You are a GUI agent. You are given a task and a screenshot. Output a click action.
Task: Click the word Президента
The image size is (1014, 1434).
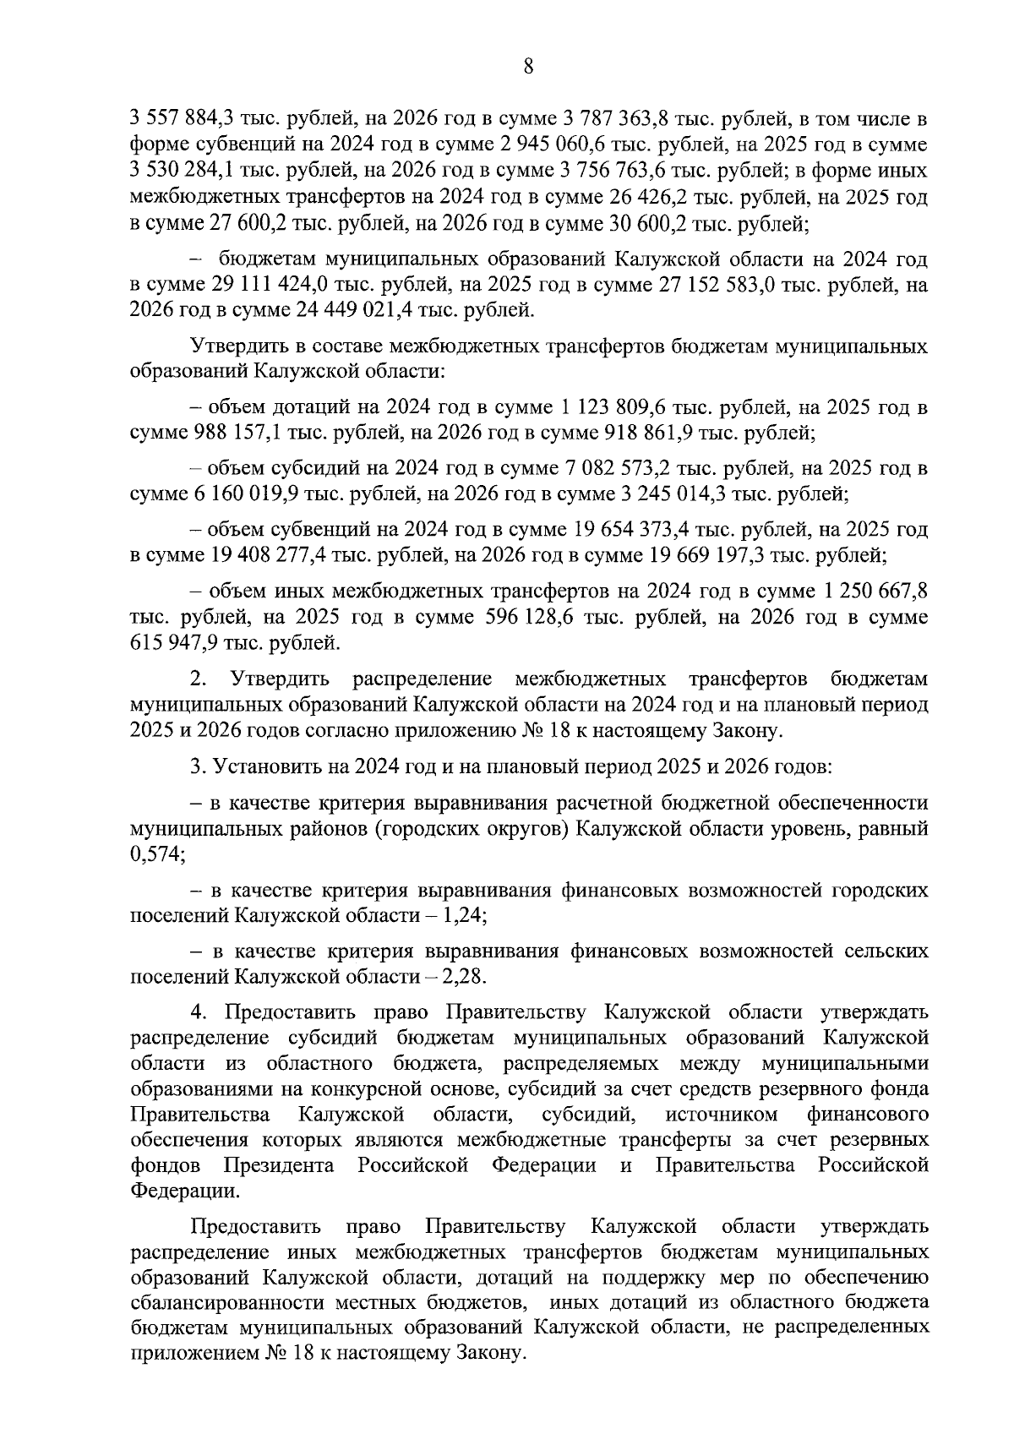click(x=279, y=1166)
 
